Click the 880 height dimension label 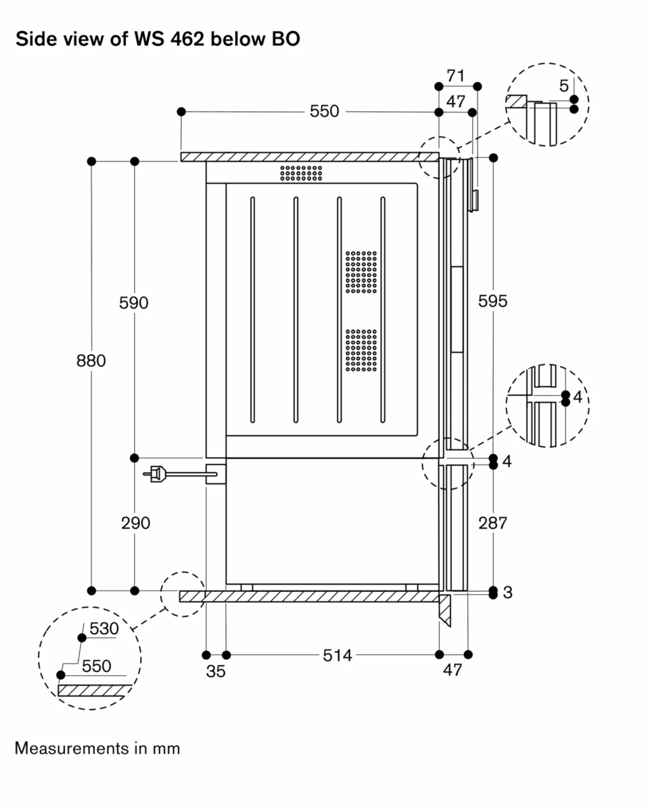point(91,361)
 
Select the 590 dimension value point(133,303)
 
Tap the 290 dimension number point(135,523)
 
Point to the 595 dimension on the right point(492,302)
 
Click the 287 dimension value point(492,523)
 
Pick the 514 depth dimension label point(337,655)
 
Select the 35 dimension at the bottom point(216,671)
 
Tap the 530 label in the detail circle point(104,629)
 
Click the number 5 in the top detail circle point(564,86)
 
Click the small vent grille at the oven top point(301,173)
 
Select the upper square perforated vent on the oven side point(362,272)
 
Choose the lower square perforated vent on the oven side point(362,350)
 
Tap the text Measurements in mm point(98,748)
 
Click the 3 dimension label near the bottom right point(508,593)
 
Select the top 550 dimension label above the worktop point(324,112)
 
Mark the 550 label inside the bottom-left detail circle point(96,666)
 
